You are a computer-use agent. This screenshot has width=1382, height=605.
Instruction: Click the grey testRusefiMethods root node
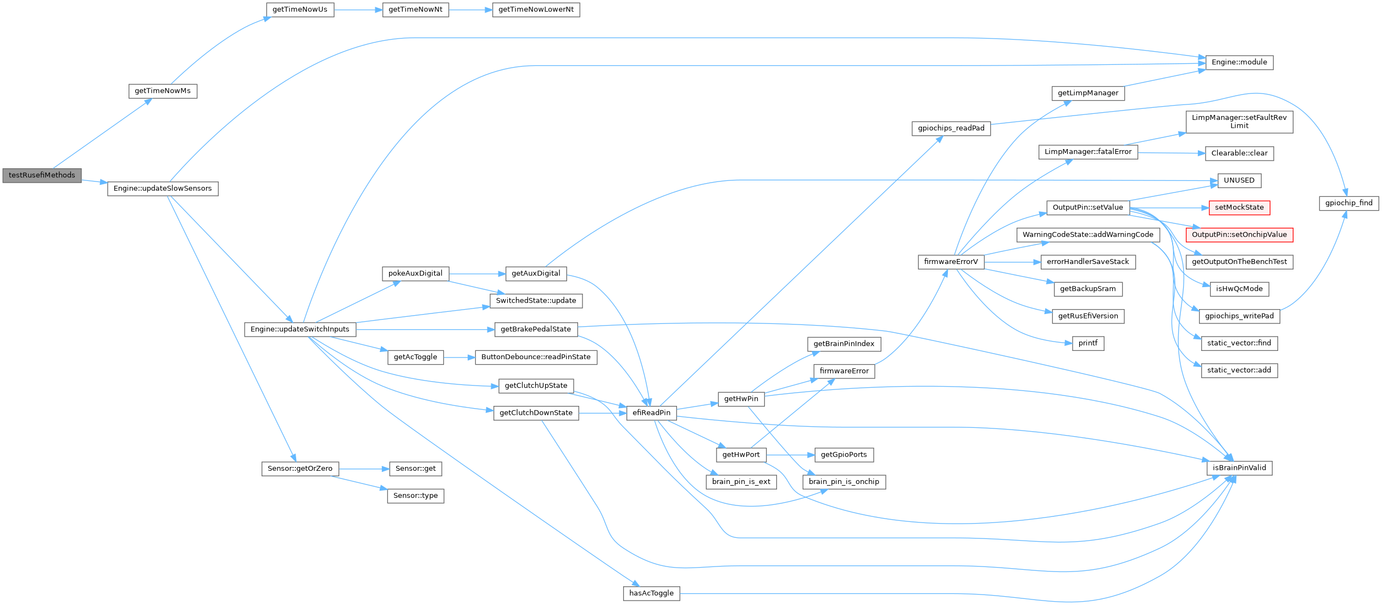tap(42, 175)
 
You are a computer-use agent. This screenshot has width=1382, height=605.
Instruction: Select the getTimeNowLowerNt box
tap(536, 10)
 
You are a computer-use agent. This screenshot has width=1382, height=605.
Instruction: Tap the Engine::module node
tap(1239, 63)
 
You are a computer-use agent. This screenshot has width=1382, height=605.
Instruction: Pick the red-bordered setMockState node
tap(1239, 207)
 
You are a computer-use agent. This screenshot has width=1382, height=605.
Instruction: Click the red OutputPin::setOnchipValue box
tap(1239, 235)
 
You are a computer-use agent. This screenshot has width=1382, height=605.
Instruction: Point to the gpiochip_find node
tap(1348, 203)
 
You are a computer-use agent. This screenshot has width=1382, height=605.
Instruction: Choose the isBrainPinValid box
tap(1239, 468)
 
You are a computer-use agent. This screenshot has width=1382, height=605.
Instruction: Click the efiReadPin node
tap(652, 413)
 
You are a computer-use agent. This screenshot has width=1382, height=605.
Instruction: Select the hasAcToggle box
tap(651, 593)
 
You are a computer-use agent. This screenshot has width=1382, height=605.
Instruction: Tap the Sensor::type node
tap(415, 496)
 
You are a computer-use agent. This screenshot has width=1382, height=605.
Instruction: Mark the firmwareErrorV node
tap(951, 262)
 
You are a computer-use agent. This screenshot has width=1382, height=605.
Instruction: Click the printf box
tap(1088, 343)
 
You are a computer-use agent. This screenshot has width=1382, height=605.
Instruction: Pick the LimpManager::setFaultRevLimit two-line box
tap(1239, 122)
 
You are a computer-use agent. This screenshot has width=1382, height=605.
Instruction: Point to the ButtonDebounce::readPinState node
tap(536, 357)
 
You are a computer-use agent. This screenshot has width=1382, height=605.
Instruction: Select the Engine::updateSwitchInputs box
tap(300, 329)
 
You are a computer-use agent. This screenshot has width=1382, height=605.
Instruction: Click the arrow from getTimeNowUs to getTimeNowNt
tap(358, 10)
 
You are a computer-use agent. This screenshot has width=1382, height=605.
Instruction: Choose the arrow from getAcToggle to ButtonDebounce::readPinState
tap(459, 357)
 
